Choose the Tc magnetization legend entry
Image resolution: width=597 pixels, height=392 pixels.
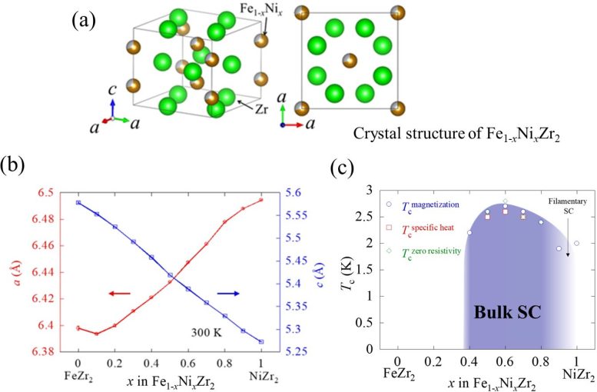click(x=428, y=205)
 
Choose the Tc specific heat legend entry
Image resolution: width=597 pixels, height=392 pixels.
click(x=428, y=228)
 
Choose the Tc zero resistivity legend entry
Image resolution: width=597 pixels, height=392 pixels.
click(x=428, y=251)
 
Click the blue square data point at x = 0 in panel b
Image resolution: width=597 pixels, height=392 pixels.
click(x=78, y=203)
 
